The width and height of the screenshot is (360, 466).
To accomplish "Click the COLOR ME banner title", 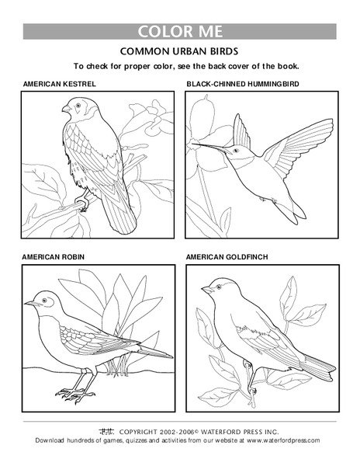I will tap(180, 32).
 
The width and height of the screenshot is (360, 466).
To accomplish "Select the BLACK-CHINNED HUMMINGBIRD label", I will tap(243, 82).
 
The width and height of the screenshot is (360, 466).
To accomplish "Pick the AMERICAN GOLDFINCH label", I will tap(225, 256).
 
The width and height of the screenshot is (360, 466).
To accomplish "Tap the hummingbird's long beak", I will tap(206, 145).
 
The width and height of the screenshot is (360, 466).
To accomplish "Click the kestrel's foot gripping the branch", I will tap(80, 204).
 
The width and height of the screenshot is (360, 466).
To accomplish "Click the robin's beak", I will tap(28, 304).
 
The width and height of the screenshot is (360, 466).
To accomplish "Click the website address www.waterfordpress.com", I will tap(282, 440).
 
